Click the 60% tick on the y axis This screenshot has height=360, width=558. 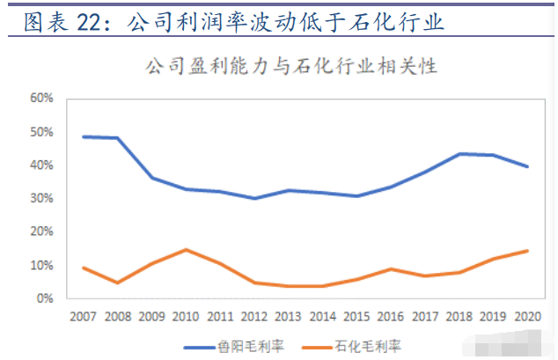(x=41, y=98)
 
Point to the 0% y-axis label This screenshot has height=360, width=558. (x=45, y=298)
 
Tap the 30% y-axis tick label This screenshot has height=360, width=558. (x=41, y=198)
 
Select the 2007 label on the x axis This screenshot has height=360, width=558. (x=83, y=316)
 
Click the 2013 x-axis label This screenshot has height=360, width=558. (x=288, y=316)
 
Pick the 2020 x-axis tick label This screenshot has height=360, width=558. (x=527, y=316)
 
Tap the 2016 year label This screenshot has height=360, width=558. (x=391, y=316)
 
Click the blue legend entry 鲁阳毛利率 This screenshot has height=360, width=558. (x=234, y=347)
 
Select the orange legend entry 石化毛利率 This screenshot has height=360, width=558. (x=351, y=347)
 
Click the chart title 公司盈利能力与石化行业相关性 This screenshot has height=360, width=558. (x=291, y=66)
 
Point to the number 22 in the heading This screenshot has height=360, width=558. (x=89, y=22)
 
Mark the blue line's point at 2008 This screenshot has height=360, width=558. (x=117, y=137)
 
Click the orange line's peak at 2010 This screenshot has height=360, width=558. (x=186, y=250)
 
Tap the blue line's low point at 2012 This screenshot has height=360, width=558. (x=254, y=198)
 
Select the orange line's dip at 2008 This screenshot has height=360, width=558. (x=117, y=283)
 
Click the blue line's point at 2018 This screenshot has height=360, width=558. (x=459, y=154)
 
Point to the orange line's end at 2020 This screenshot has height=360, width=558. (x=527, y=251)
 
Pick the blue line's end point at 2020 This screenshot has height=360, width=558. (x=527, y=166)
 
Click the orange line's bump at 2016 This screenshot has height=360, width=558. (x=391, y=269)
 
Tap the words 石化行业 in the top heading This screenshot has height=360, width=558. (x=396, y=22)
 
